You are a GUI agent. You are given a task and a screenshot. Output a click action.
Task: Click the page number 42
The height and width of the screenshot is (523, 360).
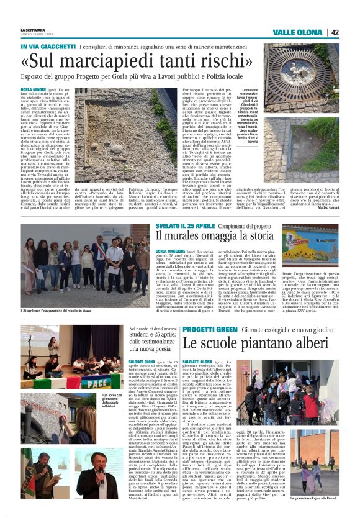(335, 32)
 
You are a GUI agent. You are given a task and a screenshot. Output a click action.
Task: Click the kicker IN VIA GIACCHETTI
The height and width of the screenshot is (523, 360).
(47, 47)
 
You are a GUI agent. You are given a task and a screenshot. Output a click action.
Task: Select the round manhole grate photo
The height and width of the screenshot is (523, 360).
(304, 73)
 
